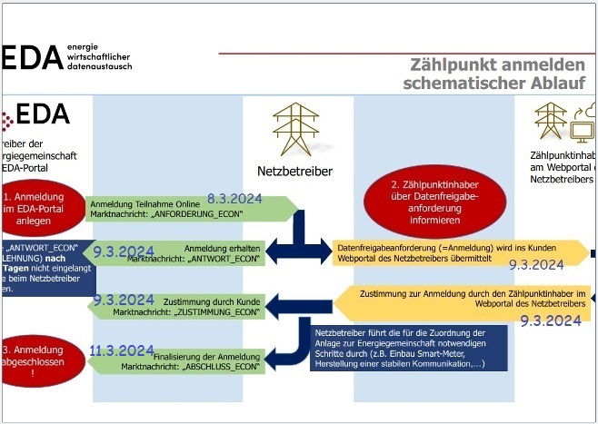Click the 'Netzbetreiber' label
pos(296,171)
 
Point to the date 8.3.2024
pos(234,198)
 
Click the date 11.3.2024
pos(123,350)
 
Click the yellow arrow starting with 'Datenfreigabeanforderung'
pos(454,252)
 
